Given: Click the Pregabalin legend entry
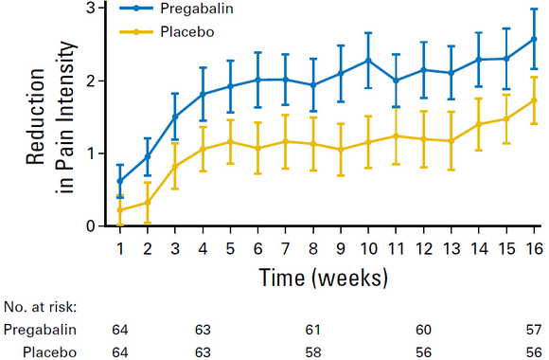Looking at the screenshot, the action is [x=176, y=9].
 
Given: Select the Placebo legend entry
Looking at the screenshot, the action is [x=167, y=32].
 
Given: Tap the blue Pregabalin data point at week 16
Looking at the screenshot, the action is [x=534, y=39].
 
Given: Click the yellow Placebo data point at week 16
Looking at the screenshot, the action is [x=534, y=100].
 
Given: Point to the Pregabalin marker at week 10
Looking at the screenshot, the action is [x=368, y=61].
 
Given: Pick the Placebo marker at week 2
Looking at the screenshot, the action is [x=148, y=203].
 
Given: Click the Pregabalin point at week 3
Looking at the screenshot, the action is [x=175, y=117].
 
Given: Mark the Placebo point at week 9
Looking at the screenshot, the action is [x=341, y=150].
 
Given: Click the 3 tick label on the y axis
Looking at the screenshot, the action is [x=91, y=8].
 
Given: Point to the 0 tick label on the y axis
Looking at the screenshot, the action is [x=91, y=226].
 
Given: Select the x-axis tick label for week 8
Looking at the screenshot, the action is [x=313, y=248].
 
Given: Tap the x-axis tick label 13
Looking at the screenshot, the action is [x=452, y=248].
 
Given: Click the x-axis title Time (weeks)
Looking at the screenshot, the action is [x=324, y=278].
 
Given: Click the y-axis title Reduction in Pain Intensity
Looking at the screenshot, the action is [x=51, y=117].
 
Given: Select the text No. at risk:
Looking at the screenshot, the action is [x=40, y=307].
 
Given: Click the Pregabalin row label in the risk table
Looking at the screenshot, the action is [x=40, y=330].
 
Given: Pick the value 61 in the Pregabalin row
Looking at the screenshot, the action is [x=312, y=330].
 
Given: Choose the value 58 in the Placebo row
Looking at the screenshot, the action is [x=312, y=352].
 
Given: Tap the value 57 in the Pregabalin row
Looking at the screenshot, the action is [x=534, y=330].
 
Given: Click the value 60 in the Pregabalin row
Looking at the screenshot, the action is [x=423, y=330].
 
